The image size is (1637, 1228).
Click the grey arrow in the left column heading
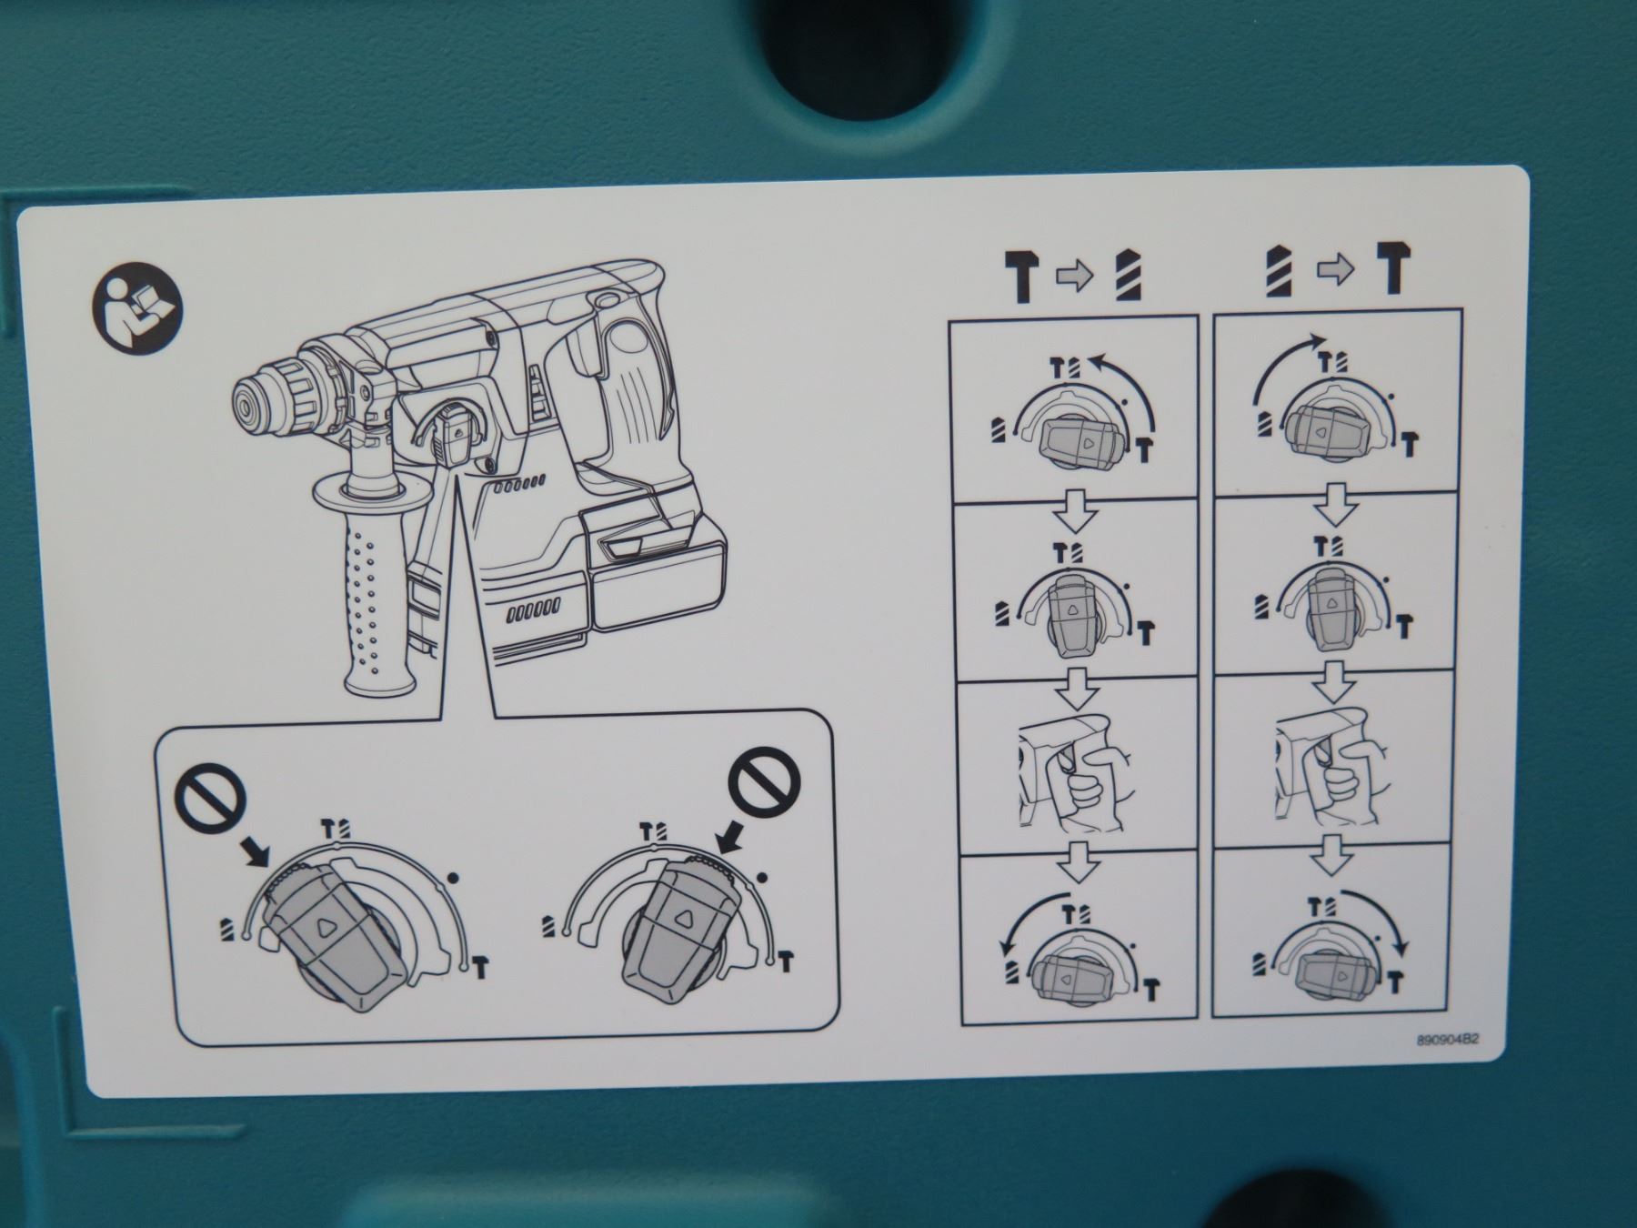pos(1074,275)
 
